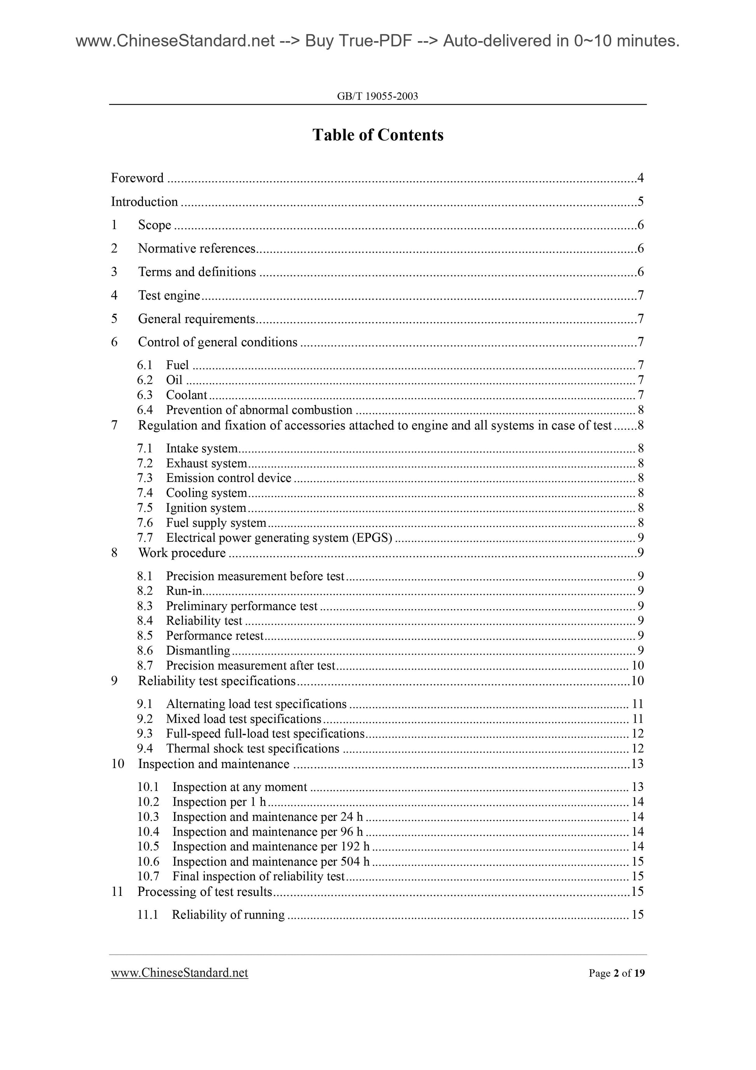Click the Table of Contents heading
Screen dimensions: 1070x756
(x=378, y=135)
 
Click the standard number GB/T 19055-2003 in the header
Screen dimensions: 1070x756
(x=377, y=96)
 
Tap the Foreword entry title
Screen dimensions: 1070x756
(x=138, y=178)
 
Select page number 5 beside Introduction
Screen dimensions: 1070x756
(x=641, y=202)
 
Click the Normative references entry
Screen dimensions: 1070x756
(x=197, y=248)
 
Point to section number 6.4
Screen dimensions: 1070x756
(x=145, y=410)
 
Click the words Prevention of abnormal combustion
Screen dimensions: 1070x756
(x=259, y=410)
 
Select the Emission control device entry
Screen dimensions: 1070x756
(x=229, y=478)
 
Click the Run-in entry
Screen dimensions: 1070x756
(x=184, y=591)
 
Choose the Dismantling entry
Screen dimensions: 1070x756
(x=198, y=651)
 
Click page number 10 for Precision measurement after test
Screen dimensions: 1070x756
(x=638, y=665)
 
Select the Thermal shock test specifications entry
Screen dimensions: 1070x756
(x=253, y=749)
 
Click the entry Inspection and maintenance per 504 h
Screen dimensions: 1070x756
(x=271, y=861)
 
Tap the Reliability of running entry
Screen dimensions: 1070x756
(x=228, y=915)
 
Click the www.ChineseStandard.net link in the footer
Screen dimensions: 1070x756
(x=179, y=972)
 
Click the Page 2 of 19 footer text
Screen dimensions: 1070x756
(x=616, y=973)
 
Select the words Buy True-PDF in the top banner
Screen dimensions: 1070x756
(x=359, y=42)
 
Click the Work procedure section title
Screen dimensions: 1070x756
(x=182, y=553)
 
